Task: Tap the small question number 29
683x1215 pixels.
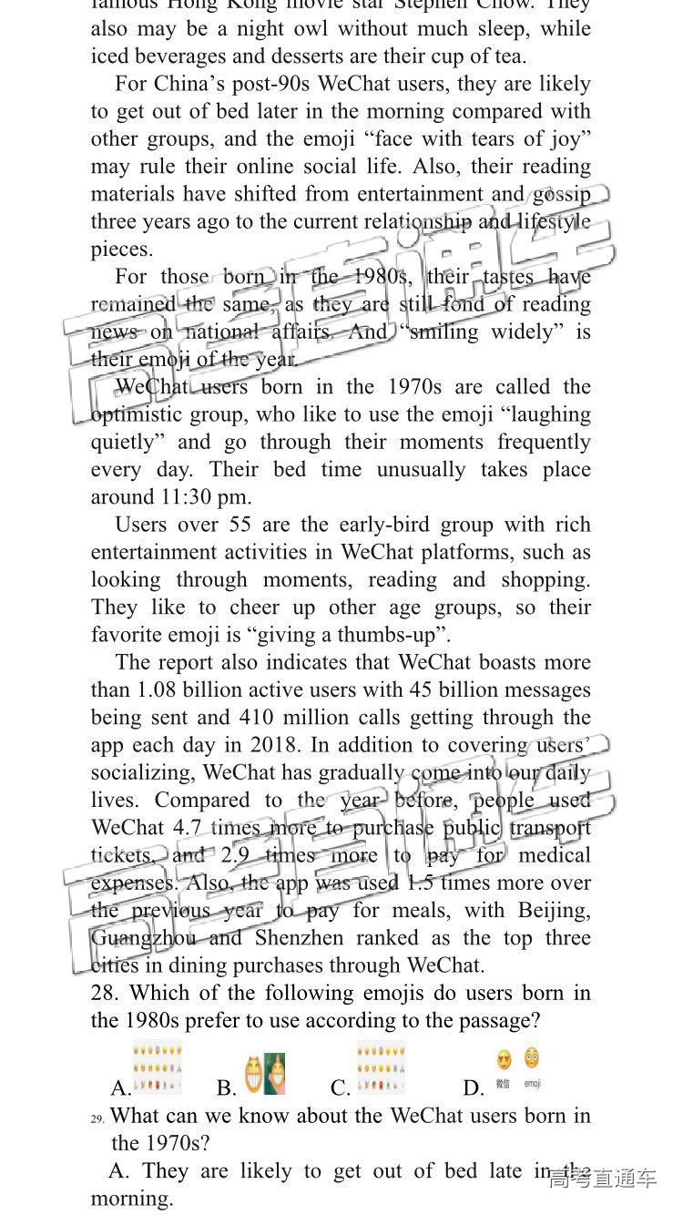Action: point(97,1118)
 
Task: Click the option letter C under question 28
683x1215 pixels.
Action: point(341,1087)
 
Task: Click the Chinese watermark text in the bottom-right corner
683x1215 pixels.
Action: point(602,1178)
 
